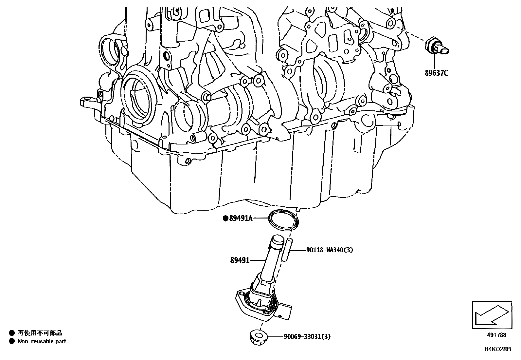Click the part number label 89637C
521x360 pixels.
436,73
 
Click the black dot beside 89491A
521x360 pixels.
225,218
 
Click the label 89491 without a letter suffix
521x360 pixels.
240,260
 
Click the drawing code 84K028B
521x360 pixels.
498,349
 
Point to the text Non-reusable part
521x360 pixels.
42,341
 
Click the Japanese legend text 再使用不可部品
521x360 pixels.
40,333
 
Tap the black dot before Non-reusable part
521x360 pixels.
12,341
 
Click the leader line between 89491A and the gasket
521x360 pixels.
261,218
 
